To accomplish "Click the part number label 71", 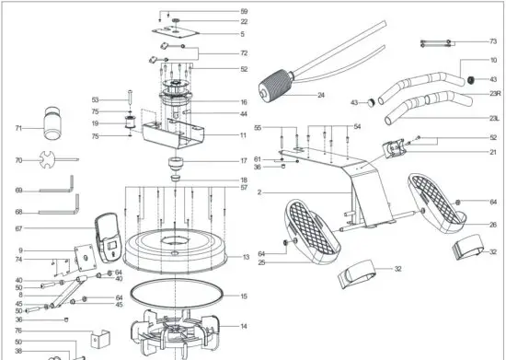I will (x=17, y=128).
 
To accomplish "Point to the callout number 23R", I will (x=494, y=93).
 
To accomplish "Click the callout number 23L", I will (x=494, y=119).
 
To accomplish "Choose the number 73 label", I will (x=493, y=41).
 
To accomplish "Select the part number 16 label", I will (x=244, y=102).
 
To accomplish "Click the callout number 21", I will (x=493, y=151).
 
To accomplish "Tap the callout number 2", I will (x=259, y=192).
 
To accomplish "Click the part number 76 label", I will (x=17, y=331).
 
